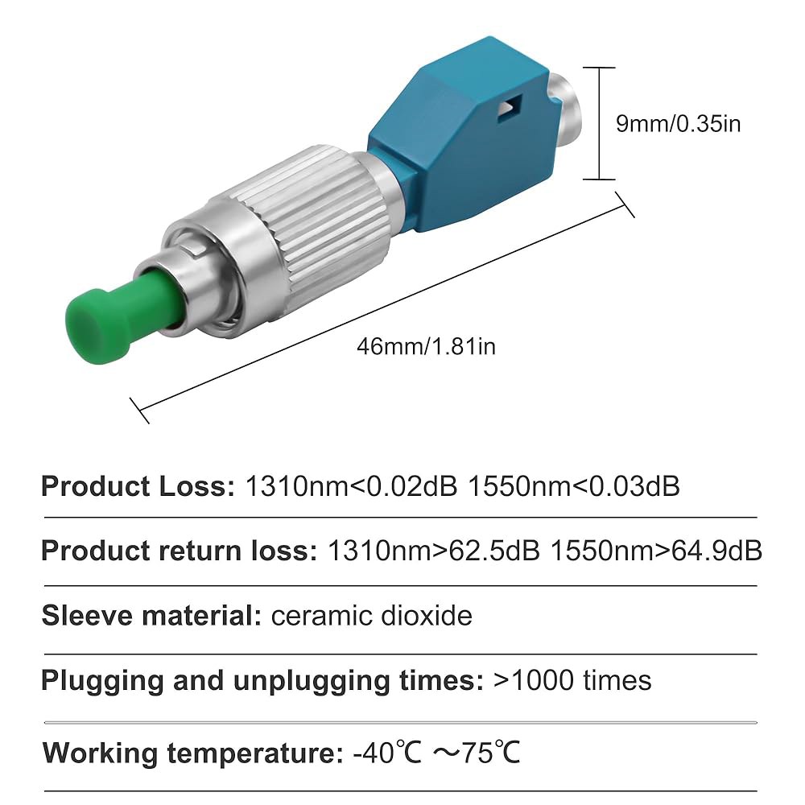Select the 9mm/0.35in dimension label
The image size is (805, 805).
tap(678, 124)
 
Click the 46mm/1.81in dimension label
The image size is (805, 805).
tap(426, 346)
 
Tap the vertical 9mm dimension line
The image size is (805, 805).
tap(600, 123)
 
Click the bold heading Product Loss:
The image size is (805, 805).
tap(138, 486)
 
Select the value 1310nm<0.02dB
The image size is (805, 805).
tap(352, 486)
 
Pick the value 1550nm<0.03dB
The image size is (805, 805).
tap(574, 486)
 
